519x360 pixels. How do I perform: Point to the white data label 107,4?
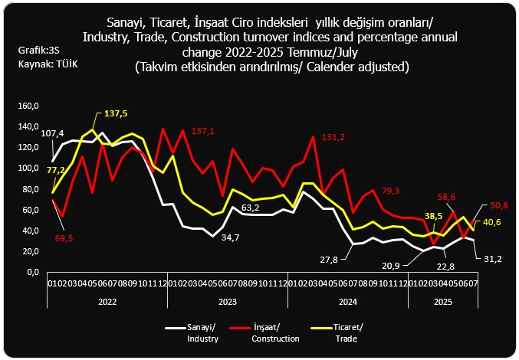click(x=51, y=133)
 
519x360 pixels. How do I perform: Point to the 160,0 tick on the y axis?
click(x=28, y=106)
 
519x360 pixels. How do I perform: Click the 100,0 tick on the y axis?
click(x=28, y=168)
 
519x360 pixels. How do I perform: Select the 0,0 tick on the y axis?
click(x=32, y=272)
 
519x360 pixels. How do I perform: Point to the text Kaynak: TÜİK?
click(x=48, y=64)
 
